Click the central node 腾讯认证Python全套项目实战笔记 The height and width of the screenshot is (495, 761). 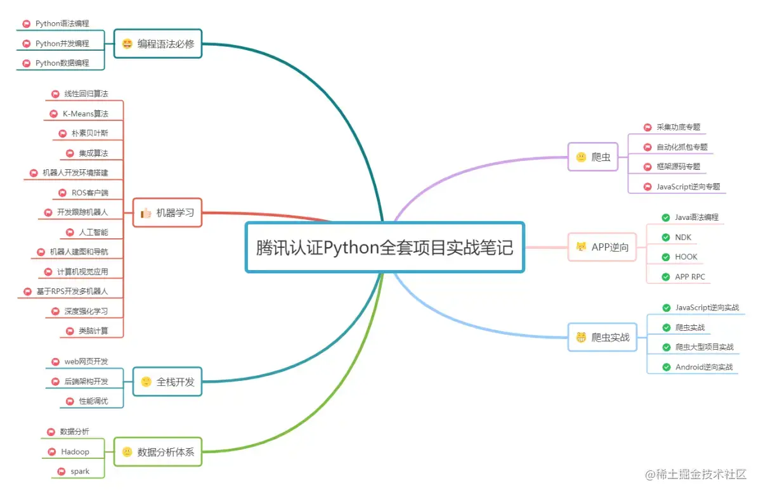[384, 247]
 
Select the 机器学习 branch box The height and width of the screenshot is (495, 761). [167, 212]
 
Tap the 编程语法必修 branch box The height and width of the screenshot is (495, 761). [158, 44]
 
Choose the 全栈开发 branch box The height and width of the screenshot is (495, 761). [167, 382]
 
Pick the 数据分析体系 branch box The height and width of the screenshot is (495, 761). [158, 452]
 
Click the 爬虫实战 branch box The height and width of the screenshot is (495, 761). [602, 337]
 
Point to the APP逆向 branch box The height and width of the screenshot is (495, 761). [602, 247]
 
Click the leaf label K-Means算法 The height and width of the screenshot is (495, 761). [85, 114]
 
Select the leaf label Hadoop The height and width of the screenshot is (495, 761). [75, 452]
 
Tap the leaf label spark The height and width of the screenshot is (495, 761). [80, 472]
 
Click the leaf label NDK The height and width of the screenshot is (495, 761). [683, 238]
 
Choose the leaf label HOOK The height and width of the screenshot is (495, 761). [686, 257]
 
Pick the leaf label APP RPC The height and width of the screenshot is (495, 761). [690, 277]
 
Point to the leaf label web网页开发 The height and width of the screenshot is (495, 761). [86, 361]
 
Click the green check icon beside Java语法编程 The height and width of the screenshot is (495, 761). [665, 217]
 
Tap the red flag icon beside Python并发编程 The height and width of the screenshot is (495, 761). [26, 44]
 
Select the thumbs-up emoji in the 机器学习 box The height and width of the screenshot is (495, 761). [146, 213]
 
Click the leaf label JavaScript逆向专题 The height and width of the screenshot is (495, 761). [688, 186]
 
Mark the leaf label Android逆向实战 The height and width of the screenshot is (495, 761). [704, 367]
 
